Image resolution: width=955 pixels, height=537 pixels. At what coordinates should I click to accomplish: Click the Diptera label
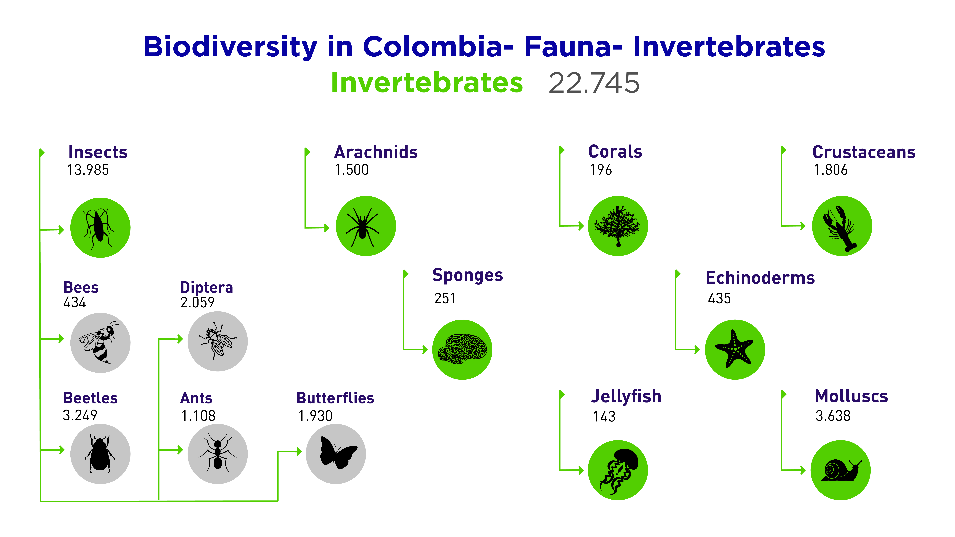tap(207, 288)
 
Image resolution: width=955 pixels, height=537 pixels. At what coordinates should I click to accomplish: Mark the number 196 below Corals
tap(601, 170)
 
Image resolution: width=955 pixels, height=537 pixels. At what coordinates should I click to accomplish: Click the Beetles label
tap(90, 398)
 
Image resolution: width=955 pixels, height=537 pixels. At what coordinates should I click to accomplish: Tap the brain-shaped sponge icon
tap(462, 349)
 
